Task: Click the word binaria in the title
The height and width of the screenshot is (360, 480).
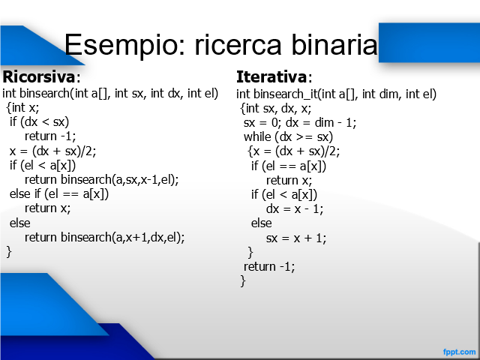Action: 334,44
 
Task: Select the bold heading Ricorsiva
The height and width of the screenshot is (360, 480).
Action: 38,76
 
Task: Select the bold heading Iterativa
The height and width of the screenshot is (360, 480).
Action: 271,76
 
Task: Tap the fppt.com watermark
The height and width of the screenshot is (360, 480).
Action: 459,352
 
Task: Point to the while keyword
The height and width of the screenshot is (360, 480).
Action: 257,136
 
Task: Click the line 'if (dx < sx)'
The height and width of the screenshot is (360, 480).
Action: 39,121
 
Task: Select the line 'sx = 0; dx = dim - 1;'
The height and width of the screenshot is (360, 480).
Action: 300,123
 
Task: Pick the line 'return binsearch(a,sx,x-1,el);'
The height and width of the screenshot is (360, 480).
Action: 102,180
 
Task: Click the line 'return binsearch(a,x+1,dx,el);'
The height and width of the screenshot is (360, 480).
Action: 105,237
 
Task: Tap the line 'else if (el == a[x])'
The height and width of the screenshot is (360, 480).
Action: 59,194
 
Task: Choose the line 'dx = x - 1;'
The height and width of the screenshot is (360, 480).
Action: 295,209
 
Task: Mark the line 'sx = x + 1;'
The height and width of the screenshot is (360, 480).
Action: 296,238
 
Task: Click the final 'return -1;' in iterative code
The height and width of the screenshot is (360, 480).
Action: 269,267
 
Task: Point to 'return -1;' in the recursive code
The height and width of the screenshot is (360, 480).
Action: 50,136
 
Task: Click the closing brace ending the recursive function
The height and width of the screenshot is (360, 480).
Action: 9,252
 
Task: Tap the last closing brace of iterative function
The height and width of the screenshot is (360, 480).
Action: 243,280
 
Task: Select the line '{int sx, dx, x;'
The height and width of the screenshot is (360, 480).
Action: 275,108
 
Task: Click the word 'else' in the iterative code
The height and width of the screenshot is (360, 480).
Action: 261,223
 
